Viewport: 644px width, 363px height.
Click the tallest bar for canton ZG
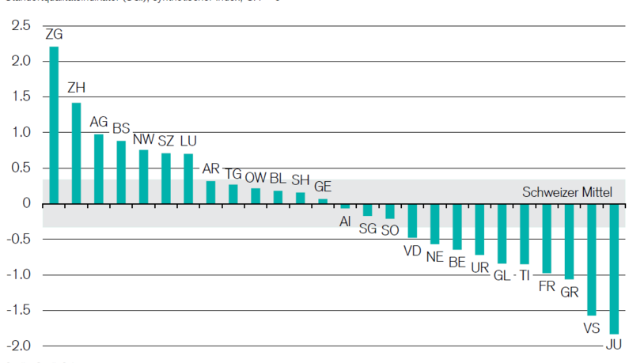pyautogui.click(x=54, y=124)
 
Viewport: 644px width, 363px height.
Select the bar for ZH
pyautogui.click(x=76, y=153)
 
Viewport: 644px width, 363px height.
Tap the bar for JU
pyautogui.click(x=614, y=268)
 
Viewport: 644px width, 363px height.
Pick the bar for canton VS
pyautogui.click(x=592, y=259)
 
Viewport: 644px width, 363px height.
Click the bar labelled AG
pyautogui.click(x=99, y=168)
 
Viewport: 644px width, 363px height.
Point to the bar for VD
pyautogui.click(x=412, y=220)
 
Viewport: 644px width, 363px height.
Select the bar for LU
pyautogui.click(x=188, y=178)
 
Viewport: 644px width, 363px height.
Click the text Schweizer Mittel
pyautogui.click(x=567, y=192)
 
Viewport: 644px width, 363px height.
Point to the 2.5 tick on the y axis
pyautogui.click(x=21, y=26)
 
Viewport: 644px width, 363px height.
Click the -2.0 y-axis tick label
pyautogui.click(x=19, y=346)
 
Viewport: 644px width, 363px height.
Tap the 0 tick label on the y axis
pyautogui.click(x=26, y=204)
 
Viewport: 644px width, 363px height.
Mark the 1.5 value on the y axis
pyautogui.click(x=21, y=97)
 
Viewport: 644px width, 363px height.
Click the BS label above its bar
pyautogui.click(x=121, y=128)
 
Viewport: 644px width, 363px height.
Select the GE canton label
pyautogui.click(x=323, y=187)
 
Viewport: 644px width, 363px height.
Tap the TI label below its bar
pyautogui.click(x=525, y=275)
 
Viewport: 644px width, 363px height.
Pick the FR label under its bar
pyautogui.click(x=547, y=285)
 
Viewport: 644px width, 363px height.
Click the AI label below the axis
pyautogui.click(x=345, y=221)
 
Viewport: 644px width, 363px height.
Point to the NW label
pyautogui.click(x=143, y=140)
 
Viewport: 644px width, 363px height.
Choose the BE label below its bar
pyautogui.click(x=456, y=261)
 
